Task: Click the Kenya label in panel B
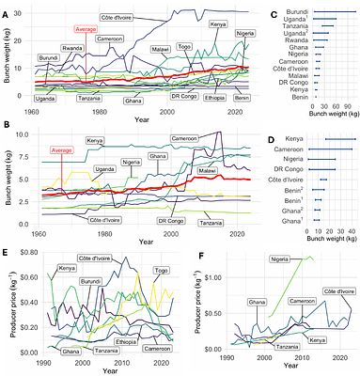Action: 95,142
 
